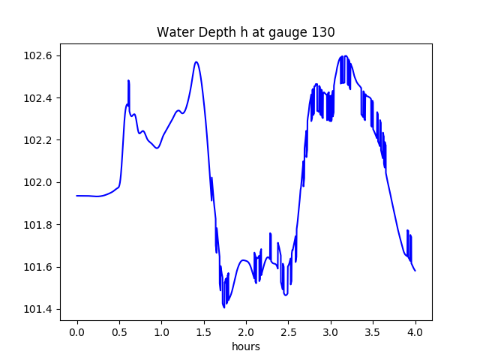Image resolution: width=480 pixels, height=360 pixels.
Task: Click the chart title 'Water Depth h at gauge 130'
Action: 245,32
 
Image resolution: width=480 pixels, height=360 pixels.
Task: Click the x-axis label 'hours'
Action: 245,347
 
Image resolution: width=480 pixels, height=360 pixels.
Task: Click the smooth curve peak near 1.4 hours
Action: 196,62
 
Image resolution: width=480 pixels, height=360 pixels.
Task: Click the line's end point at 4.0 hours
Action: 415,270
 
